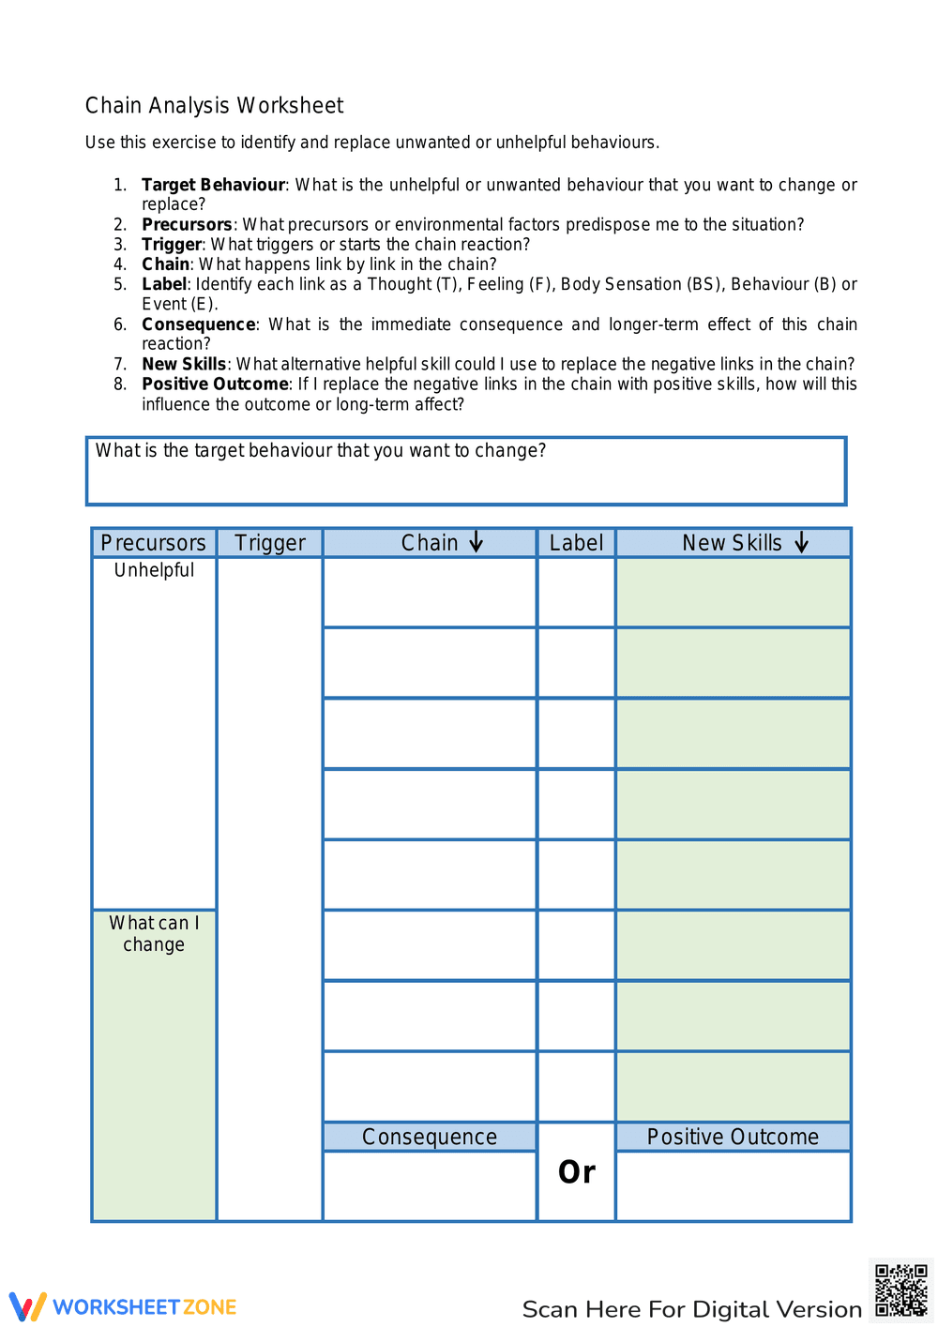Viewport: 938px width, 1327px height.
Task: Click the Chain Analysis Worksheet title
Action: pyautogui.click(x=214, y=106)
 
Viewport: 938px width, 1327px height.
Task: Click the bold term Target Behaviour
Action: pyautogui.click(x=213, y=185)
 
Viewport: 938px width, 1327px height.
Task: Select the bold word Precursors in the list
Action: pyautogui.click(x=187, y=224)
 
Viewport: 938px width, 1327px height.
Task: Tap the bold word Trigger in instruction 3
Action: pyautogui.click(x=172, y=244)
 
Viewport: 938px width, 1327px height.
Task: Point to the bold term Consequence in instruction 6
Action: pyautogui.click(x=198, y=324)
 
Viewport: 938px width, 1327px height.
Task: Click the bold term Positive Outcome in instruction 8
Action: pyautogui.click(x=215, y=384)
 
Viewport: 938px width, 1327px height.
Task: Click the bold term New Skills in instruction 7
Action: pyautogui.click(x=184, y=364)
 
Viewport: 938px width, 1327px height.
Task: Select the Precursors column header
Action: pyautogui.click(x=154, y=543)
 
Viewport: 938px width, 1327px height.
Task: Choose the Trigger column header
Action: pyautogui.click(x=270, y=543)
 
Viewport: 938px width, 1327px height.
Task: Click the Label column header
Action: pyautogui.click(x=576, y=543)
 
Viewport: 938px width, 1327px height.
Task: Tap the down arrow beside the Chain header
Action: pyautogui.click(x=477, y=542)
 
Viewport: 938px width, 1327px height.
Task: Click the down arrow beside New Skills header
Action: pyautogui.click(x=802, y=543)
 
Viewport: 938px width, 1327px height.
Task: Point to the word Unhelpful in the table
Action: pyautogui.click(x=154, y=570)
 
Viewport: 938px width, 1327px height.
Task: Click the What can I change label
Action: pyautogui.click(x=154, y=934)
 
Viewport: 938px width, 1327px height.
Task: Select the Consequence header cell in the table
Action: pyautogui.click(x=430, y=1137)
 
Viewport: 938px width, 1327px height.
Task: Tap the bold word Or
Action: pyautogui.click(x=576, y=1172)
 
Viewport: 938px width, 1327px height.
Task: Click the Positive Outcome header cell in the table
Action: pyautogui.click(x=733, y=1137)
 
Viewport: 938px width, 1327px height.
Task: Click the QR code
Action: pyautogui.click(x=900, y=1290)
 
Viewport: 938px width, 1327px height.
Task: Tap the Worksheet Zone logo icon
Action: pyautogui.click(x=27, y=1307)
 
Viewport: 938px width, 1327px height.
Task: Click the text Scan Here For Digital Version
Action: pyautogui.click(x=691, y=1309)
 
